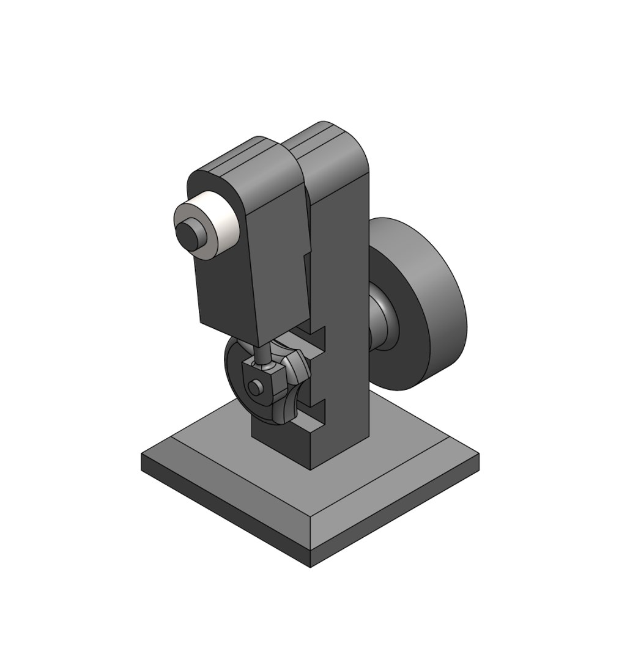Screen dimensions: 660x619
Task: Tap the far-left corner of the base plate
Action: click(143, 455)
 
